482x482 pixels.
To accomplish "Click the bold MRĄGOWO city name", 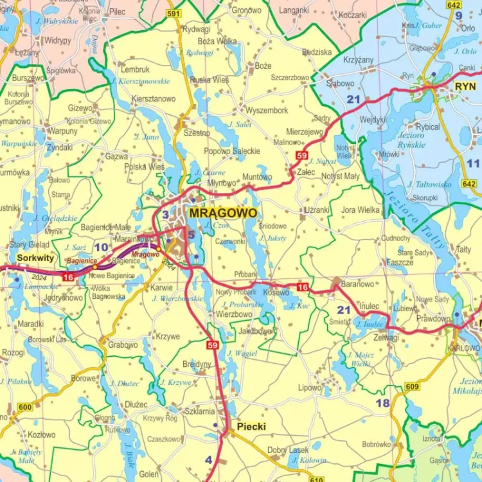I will pyautogui.click(x=223, y=213).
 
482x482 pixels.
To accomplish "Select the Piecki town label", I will pyautogui.click(x=251, y=426).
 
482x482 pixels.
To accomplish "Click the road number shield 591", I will pyautogui.click(x=173, y=13).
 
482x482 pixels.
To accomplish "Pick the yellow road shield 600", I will pyautogui.click(x=25, y=407).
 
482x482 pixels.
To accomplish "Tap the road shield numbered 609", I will pyautogui.click(x=412, y=386).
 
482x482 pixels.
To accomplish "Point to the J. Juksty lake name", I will pyautogui.click(x=273, y=238).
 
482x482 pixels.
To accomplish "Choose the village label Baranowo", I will pyautogui.click(x=357, y=283).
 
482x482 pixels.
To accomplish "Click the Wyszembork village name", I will pyautogui.click(x=267, y=111).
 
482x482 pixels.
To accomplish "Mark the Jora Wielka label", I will pyautogui.click(x=361, y=210).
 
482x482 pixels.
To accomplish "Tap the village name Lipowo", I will pyautogui.click(x=310, y=388).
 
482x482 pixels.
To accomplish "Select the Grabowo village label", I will pyautogui.click(x=122, y=345).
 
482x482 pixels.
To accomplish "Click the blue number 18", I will pyautogui.click(x=382, y=403).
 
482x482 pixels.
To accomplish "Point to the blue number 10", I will pyautogui.click(x=102, y=247).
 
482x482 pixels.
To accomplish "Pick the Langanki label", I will pyautogui.click(x=294, y=10).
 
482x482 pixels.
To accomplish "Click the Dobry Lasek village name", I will pyautogui.click(x=288, y=450).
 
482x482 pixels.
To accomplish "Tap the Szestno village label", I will pyautogui.click(x=197, y=133).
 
